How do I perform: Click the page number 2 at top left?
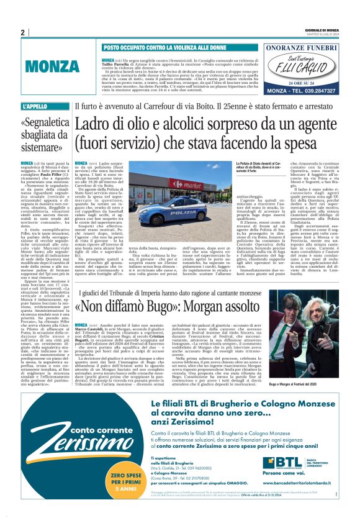coord(22,32)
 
